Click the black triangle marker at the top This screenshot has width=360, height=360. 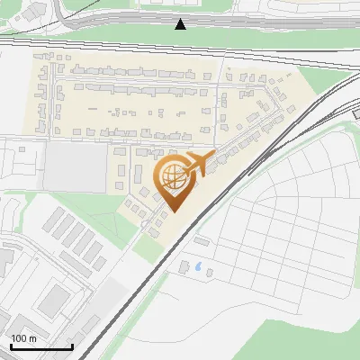coord(181,23)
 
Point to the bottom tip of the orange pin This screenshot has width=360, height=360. coord(171,211)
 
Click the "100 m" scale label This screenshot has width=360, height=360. coord(23,338)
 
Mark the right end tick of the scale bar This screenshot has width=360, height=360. coord(72,344)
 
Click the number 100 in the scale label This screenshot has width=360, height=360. coord(19,338)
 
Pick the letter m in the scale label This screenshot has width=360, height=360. coord(32,338)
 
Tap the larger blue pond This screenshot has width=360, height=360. coord(196,266)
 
